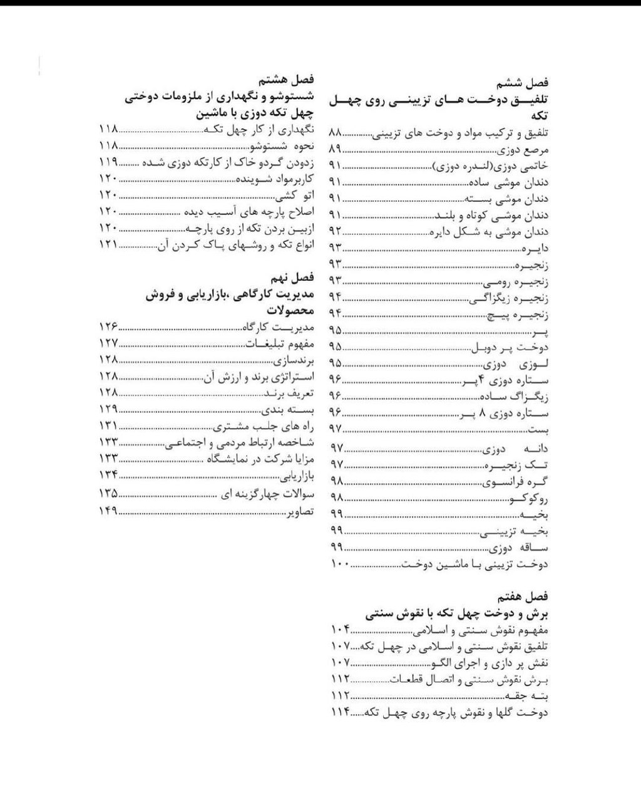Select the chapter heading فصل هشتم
(288, 80)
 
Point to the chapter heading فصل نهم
(292, 277)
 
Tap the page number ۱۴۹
(108, 511)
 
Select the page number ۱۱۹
(108, 162)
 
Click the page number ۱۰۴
(339, 629)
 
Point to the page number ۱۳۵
(108, 494)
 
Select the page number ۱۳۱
(108, 426)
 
